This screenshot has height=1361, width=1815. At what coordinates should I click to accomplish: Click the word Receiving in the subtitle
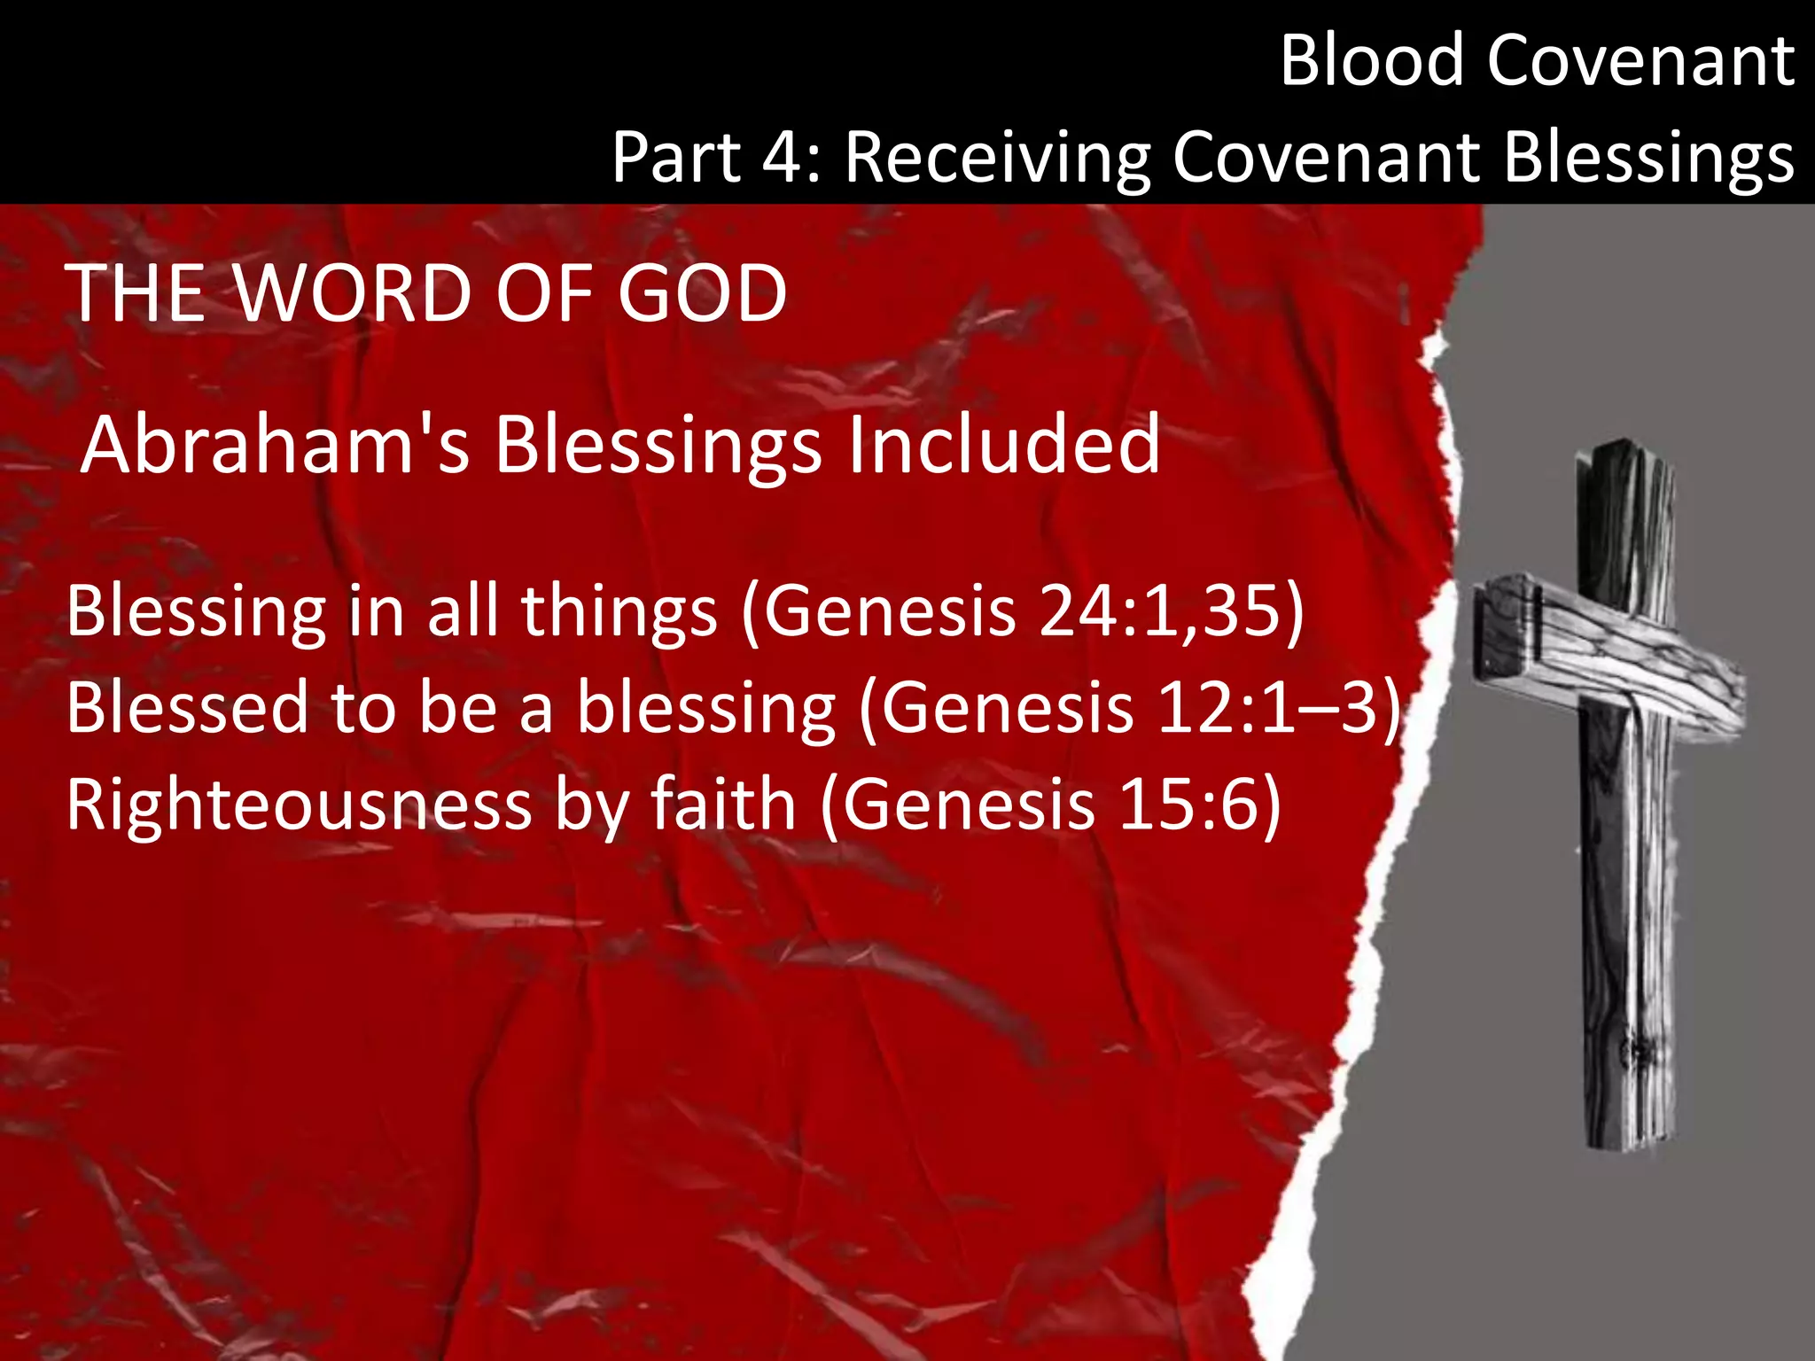(x=998, y=159)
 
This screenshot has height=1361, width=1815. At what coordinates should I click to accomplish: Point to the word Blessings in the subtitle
(x=1648, y=159)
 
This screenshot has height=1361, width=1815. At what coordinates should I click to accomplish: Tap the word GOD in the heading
(x=702, y=293)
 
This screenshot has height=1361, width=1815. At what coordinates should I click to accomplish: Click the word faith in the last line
(x=724, y=805)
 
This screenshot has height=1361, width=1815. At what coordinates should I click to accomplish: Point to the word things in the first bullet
(x=619, y=611)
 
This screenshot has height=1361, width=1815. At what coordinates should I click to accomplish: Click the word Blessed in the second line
(x=187, y=708)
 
